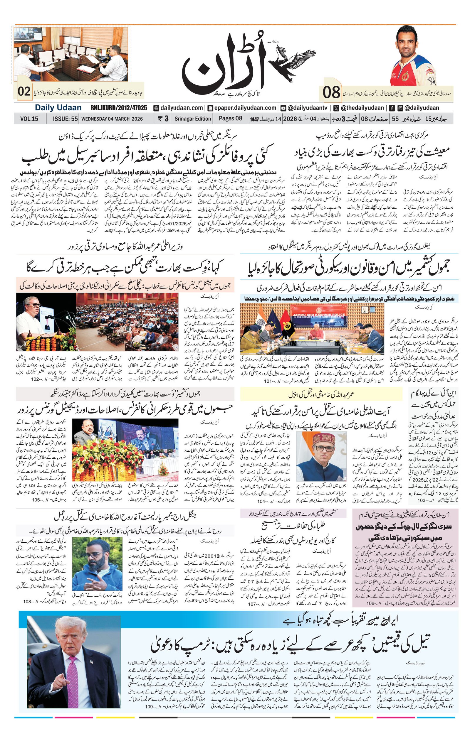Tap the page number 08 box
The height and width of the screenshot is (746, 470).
pyautogui.click(x=331, y=92)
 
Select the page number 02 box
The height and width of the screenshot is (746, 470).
pyautogui.click(x=24, y=92)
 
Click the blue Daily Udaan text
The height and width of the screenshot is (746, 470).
pyautogui.click(x=58, y=108)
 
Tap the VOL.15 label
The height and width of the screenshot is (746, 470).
pyautogui.click(x=29, y=119)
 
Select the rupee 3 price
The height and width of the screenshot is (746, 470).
pyautogui.click(x=163, y=119)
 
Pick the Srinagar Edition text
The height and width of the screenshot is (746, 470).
pyautogui.click(x=192, y=119)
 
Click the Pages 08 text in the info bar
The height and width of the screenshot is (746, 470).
pyautogui.click(x=230, y=119)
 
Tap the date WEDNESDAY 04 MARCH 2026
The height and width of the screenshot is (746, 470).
pyautogui.click(x=112, y=119)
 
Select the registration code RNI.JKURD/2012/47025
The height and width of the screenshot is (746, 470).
pyautogui.click(x=119, y=108)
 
